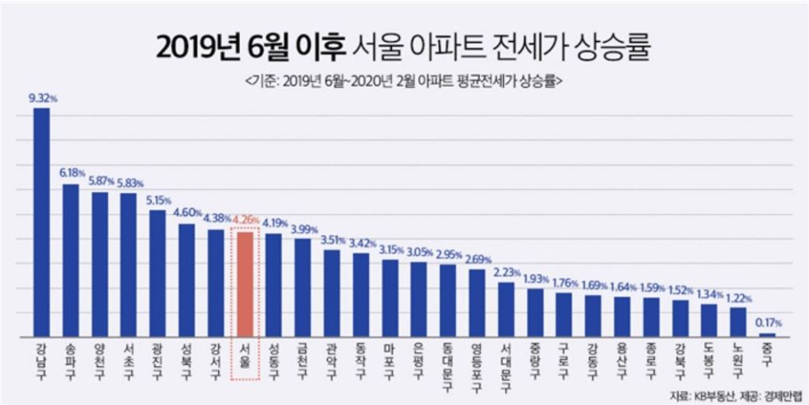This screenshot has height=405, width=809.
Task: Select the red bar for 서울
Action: point(245,285)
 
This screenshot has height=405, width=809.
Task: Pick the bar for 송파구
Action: point(71,261)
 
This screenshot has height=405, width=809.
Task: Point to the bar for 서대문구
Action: point(506,310)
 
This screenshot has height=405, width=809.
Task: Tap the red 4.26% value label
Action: point(246,222)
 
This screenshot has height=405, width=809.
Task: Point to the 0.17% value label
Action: point(767,324)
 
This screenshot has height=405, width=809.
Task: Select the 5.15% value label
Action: point(158,201)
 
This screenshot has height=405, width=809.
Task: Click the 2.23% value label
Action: point(506,273)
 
